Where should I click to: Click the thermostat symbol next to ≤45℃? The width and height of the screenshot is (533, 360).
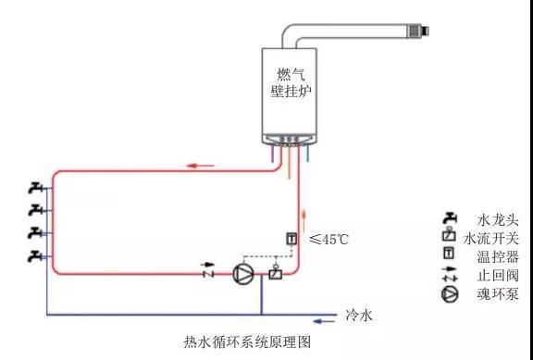click(x=291, y=240)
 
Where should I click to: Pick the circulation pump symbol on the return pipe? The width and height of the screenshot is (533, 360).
click(x=243, y=274)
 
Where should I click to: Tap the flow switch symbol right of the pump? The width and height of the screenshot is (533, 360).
click(x=274, y=273)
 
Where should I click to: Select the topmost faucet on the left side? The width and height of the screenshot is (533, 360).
click(x=36, y=189)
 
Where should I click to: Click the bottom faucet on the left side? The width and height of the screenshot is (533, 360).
click(x=36, y=254)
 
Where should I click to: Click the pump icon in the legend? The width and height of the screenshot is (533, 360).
click(x=450, y=294)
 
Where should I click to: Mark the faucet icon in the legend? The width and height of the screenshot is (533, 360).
click(x=450, y=218)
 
